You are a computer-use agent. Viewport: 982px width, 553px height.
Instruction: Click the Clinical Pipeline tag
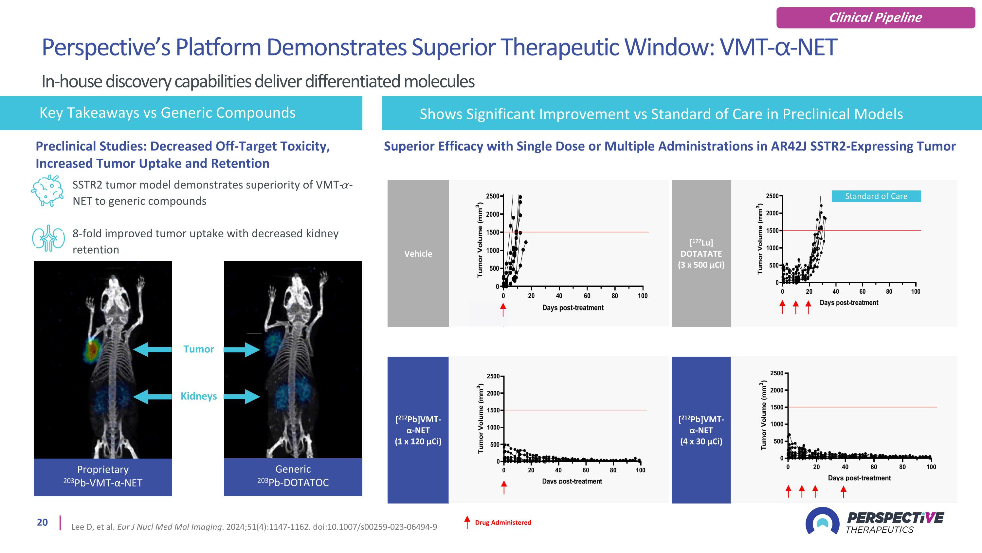pos(875,18)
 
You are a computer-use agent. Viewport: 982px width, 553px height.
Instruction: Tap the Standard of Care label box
pos(876,196)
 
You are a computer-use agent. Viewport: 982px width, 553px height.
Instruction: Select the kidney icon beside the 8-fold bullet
pos(48,238)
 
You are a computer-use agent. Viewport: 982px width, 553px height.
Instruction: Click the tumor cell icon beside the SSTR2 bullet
pos(47,190)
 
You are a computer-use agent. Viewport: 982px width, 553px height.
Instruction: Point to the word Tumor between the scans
pos(198,349)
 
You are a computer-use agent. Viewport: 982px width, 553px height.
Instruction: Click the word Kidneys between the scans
pos(198,396)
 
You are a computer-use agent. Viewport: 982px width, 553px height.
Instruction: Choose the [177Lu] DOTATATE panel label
pos(701,254)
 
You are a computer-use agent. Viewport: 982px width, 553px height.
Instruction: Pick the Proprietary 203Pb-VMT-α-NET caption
pos(102,477)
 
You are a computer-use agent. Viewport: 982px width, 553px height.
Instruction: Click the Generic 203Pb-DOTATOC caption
pos(293,476)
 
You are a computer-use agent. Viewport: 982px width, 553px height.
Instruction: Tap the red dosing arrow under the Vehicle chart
pos(503,309)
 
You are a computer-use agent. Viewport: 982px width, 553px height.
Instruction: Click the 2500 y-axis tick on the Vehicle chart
pos(493,196)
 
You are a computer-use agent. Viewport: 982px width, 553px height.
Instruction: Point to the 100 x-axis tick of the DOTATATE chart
pos(915,291)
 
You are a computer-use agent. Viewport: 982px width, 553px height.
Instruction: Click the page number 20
pos(42,523)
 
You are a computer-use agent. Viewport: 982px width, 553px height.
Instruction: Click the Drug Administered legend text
pos(503,523)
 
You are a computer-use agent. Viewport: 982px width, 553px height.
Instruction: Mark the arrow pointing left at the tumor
pos(153,349)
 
